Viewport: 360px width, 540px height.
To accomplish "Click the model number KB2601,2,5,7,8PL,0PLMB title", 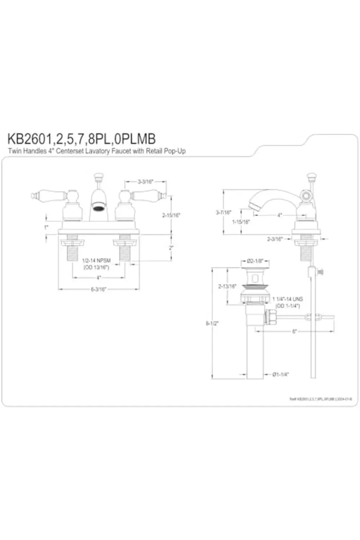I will (x=82, y=139).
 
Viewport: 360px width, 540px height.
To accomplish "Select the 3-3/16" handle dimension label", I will (x=145, y=182).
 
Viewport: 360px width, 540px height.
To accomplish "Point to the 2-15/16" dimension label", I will (x=171, y=215).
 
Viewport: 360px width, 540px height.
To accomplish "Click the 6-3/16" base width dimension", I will (x=98, y=289).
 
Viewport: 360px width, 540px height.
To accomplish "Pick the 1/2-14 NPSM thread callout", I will (x=96, y=260).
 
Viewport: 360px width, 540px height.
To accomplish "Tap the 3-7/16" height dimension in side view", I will (x=223, y=212).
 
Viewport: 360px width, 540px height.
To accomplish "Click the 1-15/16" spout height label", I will (x=240, y=222).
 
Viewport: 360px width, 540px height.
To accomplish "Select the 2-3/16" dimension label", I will (x=275, y=239).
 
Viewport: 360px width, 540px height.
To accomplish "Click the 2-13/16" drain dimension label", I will (x=227, y=287).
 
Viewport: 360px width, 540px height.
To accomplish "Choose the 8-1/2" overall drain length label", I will (x=212, y=323).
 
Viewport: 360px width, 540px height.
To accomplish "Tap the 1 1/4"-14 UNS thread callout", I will (x=288, y=299).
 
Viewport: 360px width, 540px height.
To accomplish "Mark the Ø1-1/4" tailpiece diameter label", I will (x=280, y=374).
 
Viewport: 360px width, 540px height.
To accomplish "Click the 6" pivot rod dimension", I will (x=294, y=331).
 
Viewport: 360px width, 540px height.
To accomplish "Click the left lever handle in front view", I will (x=49, y=195).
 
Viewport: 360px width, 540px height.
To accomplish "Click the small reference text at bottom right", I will (x=320, y=399).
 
